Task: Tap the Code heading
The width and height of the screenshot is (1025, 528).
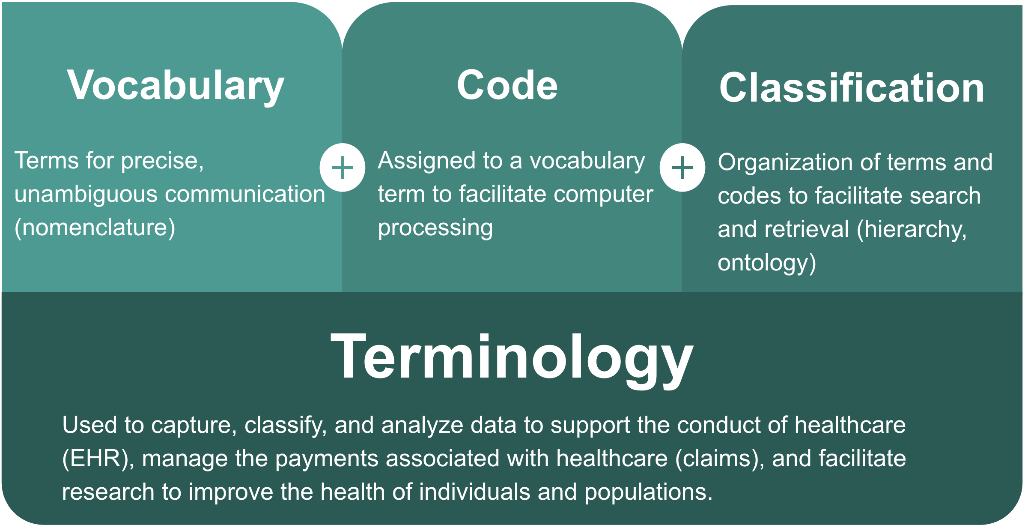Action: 507,85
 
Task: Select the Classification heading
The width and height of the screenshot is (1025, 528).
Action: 852,87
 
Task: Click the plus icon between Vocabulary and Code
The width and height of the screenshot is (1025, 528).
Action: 342,168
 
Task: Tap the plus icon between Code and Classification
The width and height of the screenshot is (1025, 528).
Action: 682,168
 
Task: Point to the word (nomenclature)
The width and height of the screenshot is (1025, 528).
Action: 95,228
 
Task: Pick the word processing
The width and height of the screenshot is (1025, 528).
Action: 435,228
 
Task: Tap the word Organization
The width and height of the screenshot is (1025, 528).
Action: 786,163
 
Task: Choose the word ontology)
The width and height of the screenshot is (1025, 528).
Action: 767,263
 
